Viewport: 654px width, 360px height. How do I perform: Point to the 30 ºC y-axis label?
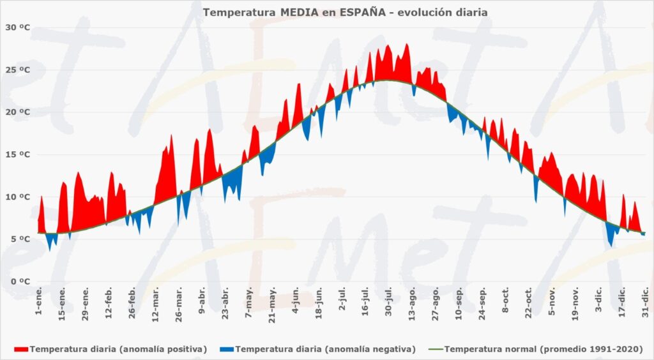17,27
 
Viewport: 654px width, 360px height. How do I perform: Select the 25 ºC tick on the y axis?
17,70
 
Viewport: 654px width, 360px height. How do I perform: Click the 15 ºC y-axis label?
17,154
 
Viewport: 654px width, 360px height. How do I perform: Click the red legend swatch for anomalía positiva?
21,349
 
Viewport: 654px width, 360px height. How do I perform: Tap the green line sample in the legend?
436,349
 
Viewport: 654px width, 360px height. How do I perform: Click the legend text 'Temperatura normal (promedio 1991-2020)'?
543,349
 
